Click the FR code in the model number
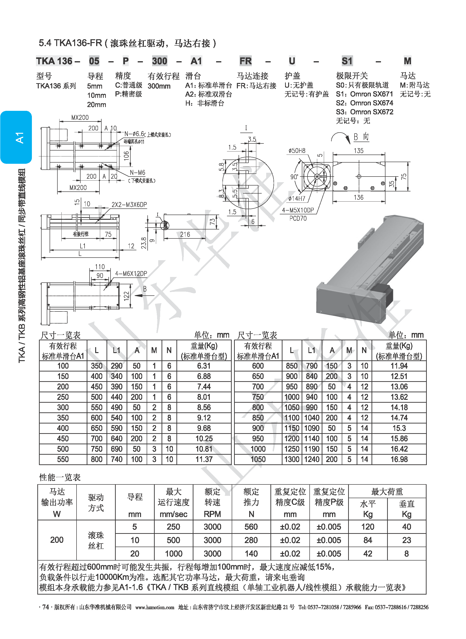click(x=245, y=61)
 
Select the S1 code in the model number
click(x=347, y=61)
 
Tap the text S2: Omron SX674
click(x=364, y=103)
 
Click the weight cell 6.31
click(x=204, y=366)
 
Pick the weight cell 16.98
click(x=399, y=459)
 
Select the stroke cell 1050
click(x=258, y=459)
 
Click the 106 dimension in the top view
click(x=126, y=155)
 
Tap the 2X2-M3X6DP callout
click(x=129, y=205)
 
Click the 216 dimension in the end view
click(x=185, y=234)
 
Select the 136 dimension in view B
click(x=359, y=198)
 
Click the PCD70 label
click(x=298, y=218)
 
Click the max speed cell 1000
click(x=174, y=554)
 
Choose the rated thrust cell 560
click(x=251, y=527)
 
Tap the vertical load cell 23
click(x=406, y=540)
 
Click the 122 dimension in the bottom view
click(x=126, y=295)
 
